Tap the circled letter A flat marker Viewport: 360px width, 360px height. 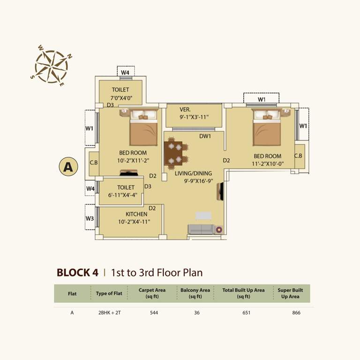pos(68,166)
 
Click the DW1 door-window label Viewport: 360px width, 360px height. pos(205,136)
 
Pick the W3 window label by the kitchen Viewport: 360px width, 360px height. pos(90,218)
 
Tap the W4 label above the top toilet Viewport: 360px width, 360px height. pos(125,73)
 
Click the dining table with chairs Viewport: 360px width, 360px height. pos(176,152)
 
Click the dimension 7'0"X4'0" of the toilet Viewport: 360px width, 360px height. pos(120,97)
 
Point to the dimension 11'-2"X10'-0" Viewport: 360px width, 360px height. pos(267,164)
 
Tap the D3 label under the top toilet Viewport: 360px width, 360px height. pos(110,105)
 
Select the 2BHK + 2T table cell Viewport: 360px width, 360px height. pos(108,313)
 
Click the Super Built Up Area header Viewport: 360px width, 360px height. pos(290,293)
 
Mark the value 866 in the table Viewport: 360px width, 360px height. pos(295,313)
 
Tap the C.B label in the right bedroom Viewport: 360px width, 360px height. pos(298,156)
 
